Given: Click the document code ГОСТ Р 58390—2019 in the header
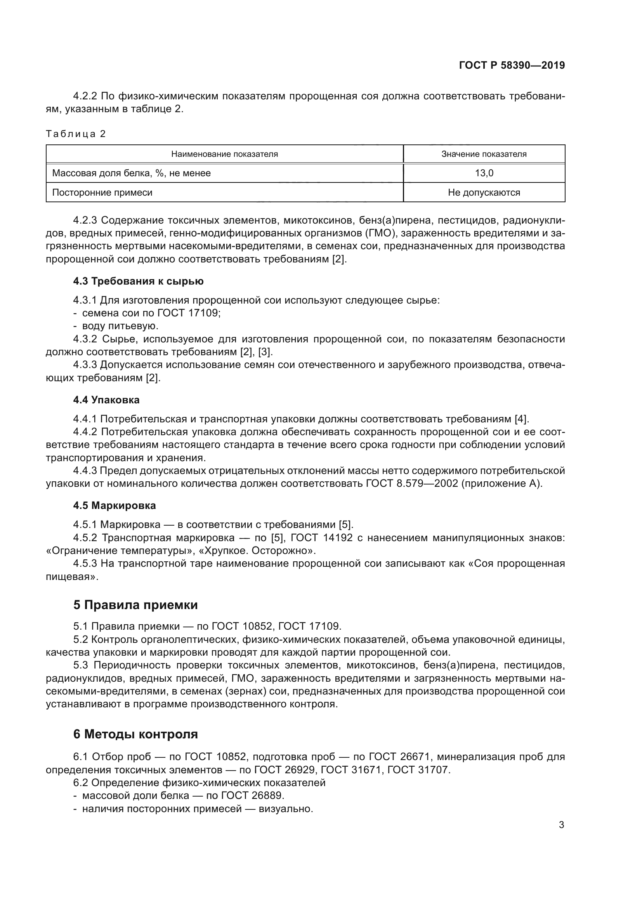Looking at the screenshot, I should click(x=512, y=66).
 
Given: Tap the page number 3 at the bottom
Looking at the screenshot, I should click(x=561, y=825).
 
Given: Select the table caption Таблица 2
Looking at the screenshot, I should click(x=76, y=134).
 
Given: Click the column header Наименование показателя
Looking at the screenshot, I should click(x=224, y=154).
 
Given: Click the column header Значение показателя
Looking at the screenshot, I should click(x=484, y=154).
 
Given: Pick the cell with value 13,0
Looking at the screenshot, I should click(x=484, y=173).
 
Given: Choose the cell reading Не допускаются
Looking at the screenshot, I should click(x=484, y=193).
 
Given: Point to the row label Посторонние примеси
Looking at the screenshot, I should click(x=102, y=193).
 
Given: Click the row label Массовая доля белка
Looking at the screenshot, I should click(x=131, y=173).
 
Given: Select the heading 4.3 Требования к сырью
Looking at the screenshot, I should click(x=138, y=281).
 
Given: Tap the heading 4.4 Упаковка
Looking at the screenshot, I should click(x=106, y=400).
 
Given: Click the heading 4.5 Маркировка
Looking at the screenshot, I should click(x=115, y=505).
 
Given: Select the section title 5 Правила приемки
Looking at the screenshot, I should click(x=135, y=605).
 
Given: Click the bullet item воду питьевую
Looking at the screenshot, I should click(x=120, y=326).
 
